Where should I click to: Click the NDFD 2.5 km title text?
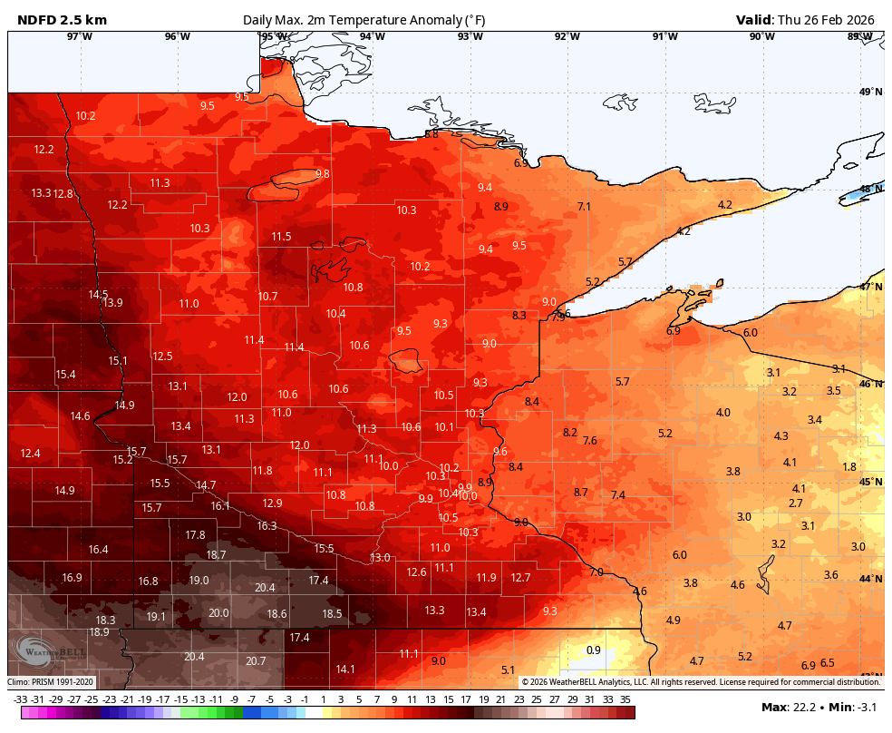(55, 19)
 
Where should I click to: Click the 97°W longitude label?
(80, 36)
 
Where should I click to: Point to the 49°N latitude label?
(870, 92)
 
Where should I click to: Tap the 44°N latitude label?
(870, 579)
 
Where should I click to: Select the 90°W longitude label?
(761, 36)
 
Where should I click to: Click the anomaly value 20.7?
(256, 660)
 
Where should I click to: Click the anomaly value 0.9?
(594, 650)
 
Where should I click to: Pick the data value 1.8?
(849, 466)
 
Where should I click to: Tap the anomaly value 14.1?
(345, 669)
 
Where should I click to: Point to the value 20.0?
(218, 612)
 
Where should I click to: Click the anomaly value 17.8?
(195, 534)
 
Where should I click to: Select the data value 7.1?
(584, 206)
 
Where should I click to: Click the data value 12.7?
(520, 577)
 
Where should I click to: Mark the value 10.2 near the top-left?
(85, 115)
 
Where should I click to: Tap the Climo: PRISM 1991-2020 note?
(51, 681)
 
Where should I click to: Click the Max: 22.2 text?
(786, 707)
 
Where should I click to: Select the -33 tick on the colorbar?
(20, 699)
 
